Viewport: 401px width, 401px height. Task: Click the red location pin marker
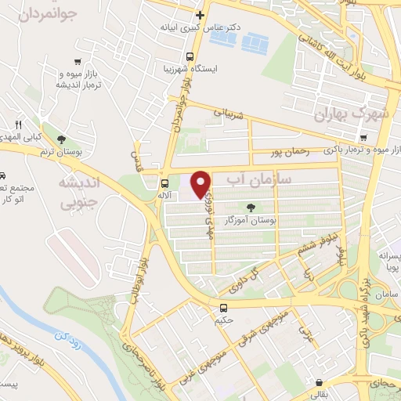pyautogui.click(x=201, y=184)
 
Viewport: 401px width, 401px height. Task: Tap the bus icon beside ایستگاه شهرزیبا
pyautogui.click(x=190, y=56)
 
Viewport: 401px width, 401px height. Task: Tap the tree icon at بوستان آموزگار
pyautogui.click(x=251, y=208)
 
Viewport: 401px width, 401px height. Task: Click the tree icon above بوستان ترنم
pyautogui.click(x=72, y=139)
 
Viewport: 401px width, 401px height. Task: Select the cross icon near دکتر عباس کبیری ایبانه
pyautogui.click(x=200, y=15)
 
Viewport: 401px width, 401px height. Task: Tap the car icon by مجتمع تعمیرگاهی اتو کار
pyautogui.click(x=3, y=176)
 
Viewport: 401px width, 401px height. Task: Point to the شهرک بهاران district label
pyautogui.click(x=351, y=115)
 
